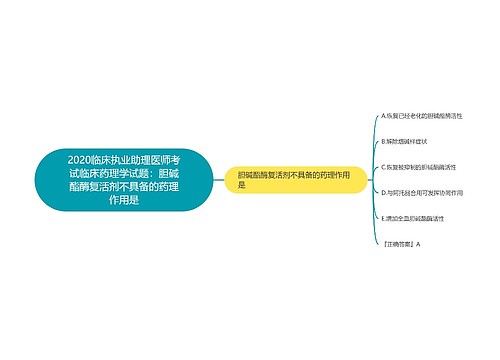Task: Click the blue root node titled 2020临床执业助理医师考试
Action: click(x=124, y=179)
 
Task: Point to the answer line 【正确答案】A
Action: click(x=402, y=243)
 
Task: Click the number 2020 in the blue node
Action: click(x=82, y=158)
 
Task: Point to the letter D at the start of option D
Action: click(x=384, y=191)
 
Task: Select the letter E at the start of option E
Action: click(x=384, y=217)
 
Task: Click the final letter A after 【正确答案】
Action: click(x=419, y=243)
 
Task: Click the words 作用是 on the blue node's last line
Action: click(x=124, y=200)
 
